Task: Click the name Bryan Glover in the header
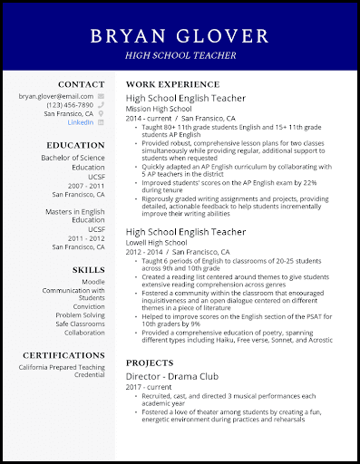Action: [180, 35]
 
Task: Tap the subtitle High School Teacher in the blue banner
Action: [180, 56]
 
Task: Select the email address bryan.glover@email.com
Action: [56, 95]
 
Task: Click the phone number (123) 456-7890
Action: [69, 104]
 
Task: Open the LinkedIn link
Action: [81, 122]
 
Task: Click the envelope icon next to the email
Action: [102, 95]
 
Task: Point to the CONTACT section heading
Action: [81, 83]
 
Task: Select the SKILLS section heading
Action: [88, 269]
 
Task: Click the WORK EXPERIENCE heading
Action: [167, 83]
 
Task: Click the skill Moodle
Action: [93, 283]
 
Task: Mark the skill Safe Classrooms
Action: [80, 324]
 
